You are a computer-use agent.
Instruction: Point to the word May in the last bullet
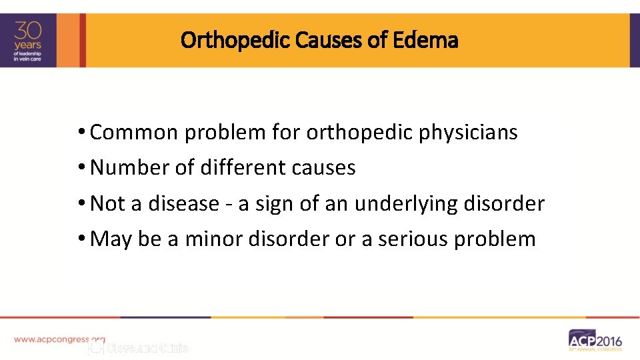pyautogui.click(x=111, y=239)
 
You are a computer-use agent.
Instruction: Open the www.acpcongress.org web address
pyautogui.click(x=59, y=339)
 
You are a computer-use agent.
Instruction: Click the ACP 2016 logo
pyautogui.click(x=595, y=339)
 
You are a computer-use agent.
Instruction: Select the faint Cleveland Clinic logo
pyautogui.click(x=139, y=348)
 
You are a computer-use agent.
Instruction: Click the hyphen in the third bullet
pyautogui.click(x=229, y=205)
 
